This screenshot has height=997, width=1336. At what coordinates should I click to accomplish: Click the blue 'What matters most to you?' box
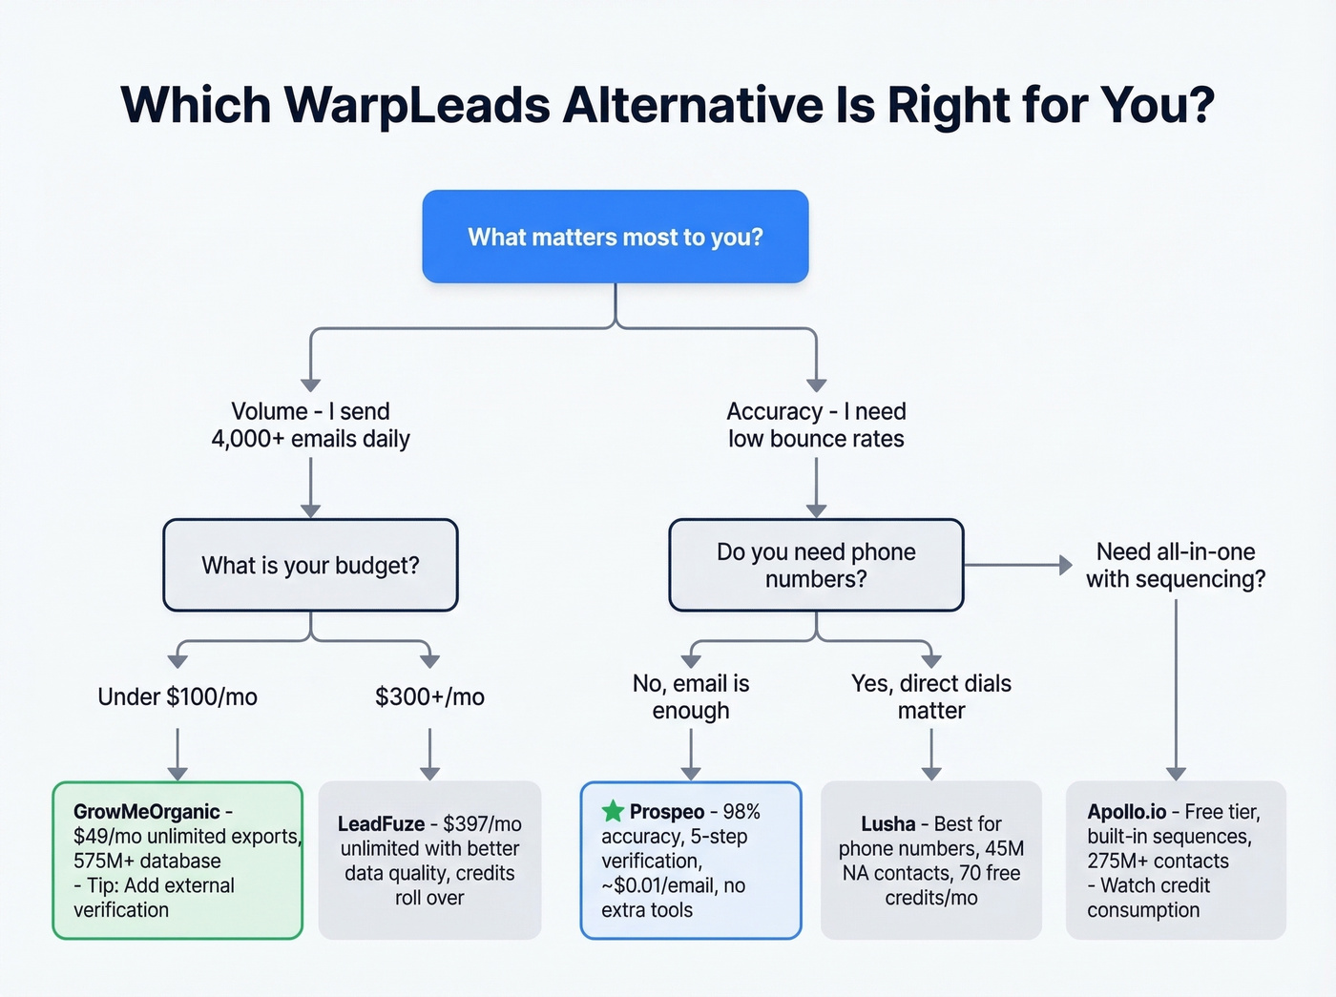pyautogui.click(x=616, y=237)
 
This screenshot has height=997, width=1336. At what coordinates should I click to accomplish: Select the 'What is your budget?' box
pyautogui.click(x=310, y=565)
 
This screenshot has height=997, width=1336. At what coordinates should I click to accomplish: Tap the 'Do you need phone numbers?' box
pyautogui.click(x=816, y=565)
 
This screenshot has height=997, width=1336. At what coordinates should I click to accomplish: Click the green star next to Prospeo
pyautogui.click(x=613, y=812)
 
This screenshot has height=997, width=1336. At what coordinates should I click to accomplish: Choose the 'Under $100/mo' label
pyautogui.click(x=177, y=696)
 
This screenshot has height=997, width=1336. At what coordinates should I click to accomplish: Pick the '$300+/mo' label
pyautogui.click(x=429, y=696)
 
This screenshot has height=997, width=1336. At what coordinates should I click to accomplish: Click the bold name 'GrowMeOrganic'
pyautogui.click(x=146, y=812)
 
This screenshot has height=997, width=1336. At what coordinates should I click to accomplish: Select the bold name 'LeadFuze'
pyautogui.click(x=381, y=824)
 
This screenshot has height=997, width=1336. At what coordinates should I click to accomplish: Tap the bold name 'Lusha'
pyautogui.click(x=887, y=824)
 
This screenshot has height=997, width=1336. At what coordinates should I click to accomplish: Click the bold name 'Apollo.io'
pyautogui.click(x=1126, y=812)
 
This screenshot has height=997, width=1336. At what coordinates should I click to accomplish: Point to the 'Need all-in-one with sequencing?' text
pyautogui.click(x=1176, y=565)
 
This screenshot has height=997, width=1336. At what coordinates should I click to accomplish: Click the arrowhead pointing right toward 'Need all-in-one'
pyautogui.click(x=1066, y=565)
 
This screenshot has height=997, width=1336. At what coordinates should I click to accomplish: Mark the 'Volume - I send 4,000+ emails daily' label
pyautogui.click(x=310, y=425)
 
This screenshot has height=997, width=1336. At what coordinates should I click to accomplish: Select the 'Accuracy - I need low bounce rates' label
pyautogui.click(x=816, y=425)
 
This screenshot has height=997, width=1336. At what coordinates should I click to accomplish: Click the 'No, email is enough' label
pyautogui.click(x=691, y=696)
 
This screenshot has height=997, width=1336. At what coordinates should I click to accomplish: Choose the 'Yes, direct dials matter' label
pyautogui.click(x=931, y=696)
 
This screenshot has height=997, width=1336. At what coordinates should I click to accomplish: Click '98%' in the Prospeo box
pyautogui.click(x=741, y=812)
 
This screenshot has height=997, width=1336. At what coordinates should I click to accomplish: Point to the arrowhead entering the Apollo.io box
pyautogui.click(x=1176, y=774)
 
